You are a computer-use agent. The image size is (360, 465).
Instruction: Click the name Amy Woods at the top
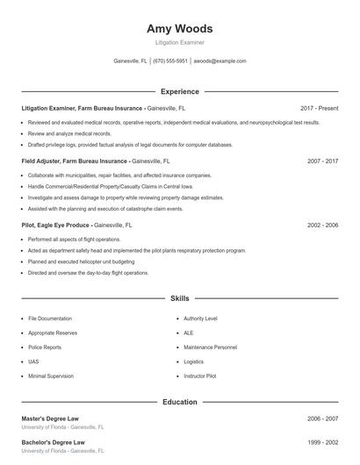pyautogui.click(x=180, y=29)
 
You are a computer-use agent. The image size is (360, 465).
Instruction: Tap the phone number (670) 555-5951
pyautogui.click(x=170, y=61)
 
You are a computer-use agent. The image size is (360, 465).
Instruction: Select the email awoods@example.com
pyautogui.click(x=220, y=61)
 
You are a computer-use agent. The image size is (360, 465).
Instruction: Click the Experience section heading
pyautogui.click(x=180, y=91)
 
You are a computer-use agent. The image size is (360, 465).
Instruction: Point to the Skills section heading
pyautogui.click(x=180, y=299)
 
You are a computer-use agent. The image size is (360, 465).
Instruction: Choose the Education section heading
pyautogui.click(x=180, y=402)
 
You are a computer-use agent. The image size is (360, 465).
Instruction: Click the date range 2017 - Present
pyautogui.click(x=319, y=108)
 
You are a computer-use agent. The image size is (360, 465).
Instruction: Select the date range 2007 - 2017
pyautogui.click(x=322, y=161)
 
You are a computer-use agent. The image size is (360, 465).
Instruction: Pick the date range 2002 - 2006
pyautogui.click(x=322, y=225)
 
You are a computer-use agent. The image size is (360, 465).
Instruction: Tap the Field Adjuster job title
pyautogui.click(x=75, y=161)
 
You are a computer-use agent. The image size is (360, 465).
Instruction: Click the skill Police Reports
pyautogui.click(x=45, y=347)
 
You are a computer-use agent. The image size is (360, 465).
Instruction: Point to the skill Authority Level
pyautogui.click(x=201, y=318)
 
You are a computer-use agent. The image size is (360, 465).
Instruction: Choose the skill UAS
pyautogui.click(x=33, y=361)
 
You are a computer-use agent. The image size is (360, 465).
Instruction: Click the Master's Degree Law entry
pyautogui.click(x=53, y=419)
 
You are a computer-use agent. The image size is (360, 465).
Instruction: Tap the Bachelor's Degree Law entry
pyautogui.click(x=53, y=442)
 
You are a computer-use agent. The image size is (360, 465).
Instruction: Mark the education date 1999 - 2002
pyautogui.click(x=322, y=442)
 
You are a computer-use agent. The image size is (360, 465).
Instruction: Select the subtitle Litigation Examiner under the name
pyautogui.click(x=180, y=42)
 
